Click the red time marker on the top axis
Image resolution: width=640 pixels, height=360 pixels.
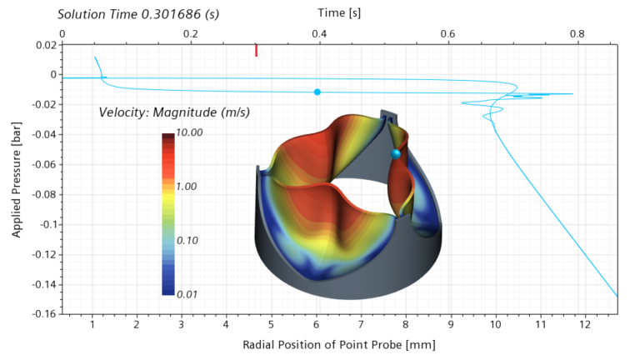point(256,51)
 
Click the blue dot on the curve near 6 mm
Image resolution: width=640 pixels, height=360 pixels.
point(317,92)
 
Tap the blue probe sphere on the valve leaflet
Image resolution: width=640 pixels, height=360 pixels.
point(396,154)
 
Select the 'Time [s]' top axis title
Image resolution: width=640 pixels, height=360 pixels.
point(339,13)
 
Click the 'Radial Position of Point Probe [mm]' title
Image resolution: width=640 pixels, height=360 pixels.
point(338,344)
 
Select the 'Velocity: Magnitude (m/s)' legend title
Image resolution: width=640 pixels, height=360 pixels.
point(174,112)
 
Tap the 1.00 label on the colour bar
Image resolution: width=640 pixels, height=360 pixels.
point(187,187)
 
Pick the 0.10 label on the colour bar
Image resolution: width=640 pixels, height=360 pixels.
point(187,240)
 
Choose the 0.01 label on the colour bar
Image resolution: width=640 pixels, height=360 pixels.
point(187,294)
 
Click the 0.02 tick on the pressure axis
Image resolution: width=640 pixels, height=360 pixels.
point(46,44)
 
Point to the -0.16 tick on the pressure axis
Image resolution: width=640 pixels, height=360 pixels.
point(43,314)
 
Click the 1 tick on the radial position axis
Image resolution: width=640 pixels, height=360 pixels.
point(91,323)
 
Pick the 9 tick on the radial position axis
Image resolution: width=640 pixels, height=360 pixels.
point(450,323)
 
